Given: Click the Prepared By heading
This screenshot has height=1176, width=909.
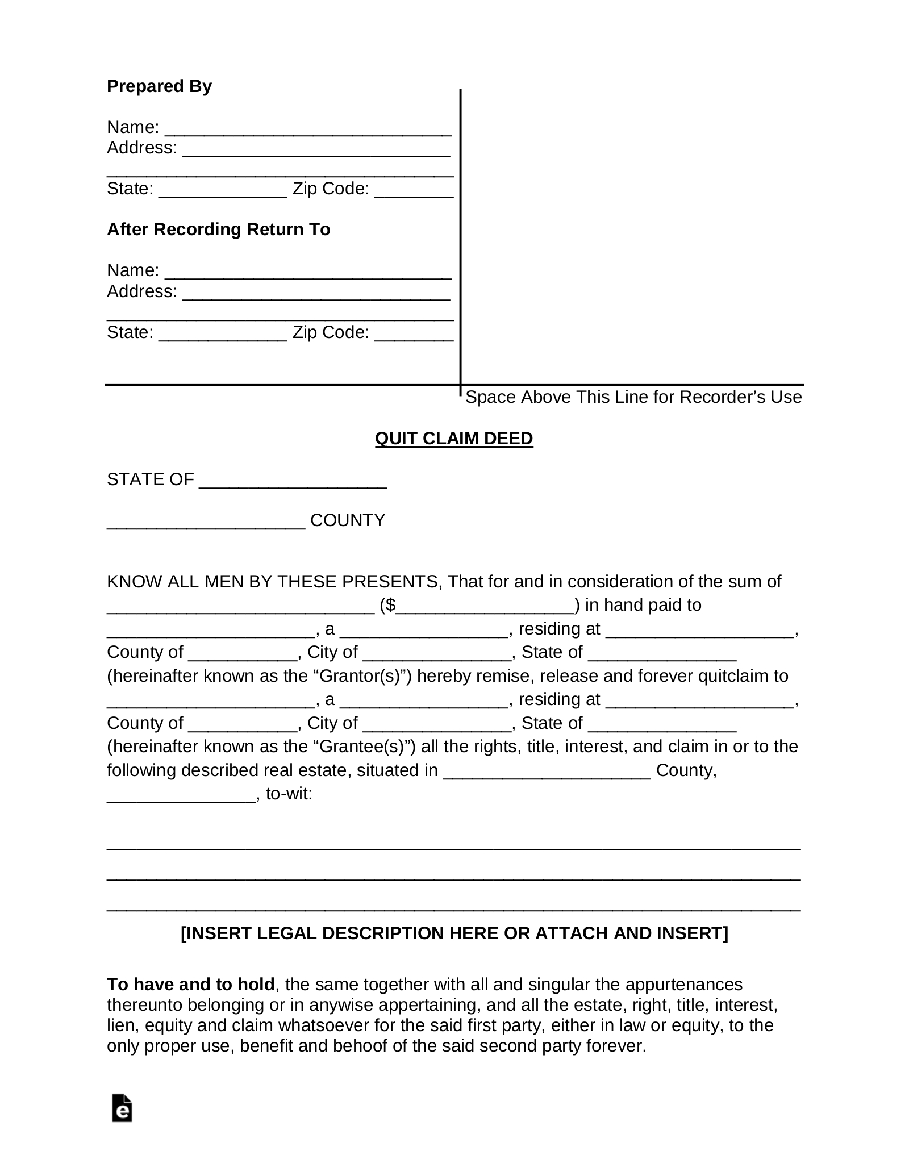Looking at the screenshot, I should click(x=159, y=86).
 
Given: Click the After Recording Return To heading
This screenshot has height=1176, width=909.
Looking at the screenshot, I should click(x=218, y=230).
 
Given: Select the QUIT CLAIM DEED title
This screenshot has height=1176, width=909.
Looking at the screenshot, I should click(x=454, y=439).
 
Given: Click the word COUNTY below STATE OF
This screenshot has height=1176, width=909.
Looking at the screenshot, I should click(x=348, y=520).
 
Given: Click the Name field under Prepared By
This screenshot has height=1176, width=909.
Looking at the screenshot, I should click(x=308, y=128).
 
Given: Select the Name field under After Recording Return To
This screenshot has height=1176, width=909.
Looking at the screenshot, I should click(x=308, y=272).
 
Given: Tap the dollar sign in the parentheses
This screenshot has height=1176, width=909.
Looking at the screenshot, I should click(x=391, y=605).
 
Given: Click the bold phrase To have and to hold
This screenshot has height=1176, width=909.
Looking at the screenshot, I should click(x=191, y=984).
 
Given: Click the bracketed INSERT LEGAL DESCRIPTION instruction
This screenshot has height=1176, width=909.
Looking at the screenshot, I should click(x=454, y=933).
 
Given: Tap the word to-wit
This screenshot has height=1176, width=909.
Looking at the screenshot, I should click(x=289, y=794).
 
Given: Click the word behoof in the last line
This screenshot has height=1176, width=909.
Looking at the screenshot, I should click(x=360, y=1046).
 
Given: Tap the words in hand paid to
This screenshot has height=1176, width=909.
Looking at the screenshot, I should click(x=643, y=605).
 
